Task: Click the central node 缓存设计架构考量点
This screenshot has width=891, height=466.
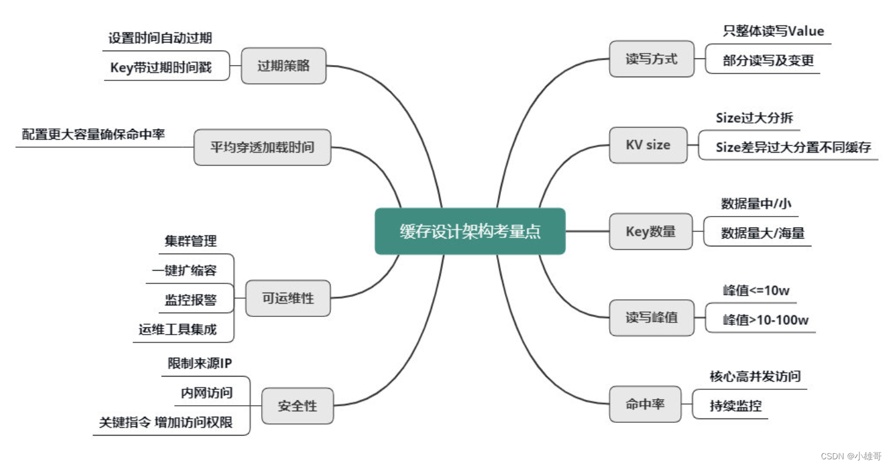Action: pos(470,231)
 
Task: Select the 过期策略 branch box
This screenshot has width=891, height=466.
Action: pos(284,66)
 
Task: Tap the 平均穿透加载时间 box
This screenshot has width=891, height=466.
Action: pos(262,147)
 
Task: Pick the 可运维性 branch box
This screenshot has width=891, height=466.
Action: pos(288,298)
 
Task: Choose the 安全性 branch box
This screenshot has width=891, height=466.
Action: pos(298,406)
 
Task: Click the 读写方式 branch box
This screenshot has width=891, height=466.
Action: pos(651,59)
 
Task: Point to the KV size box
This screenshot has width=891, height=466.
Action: pos(648,145)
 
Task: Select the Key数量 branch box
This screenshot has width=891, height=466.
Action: pos(651,231)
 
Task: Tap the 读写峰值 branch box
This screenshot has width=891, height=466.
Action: pos(651,318)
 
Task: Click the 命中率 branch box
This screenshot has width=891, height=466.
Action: pos(645,404)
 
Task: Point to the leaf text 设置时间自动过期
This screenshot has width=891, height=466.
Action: pos(160,38)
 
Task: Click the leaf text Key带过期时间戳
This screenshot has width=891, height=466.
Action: pos(161,68)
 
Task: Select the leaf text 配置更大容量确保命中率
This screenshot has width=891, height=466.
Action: pos(94,134)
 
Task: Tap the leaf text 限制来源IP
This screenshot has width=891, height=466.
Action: pos(200,364)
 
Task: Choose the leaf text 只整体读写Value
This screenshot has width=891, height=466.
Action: pos(773,31)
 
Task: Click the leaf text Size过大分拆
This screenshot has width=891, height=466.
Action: pos(754,117)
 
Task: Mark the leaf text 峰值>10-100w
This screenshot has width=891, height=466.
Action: pos(766,320)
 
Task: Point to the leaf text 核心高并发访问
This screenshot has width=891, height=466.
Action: pos(755,377)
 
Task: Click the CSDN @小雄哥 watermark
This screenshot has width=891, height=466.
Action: pos(850,456)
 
